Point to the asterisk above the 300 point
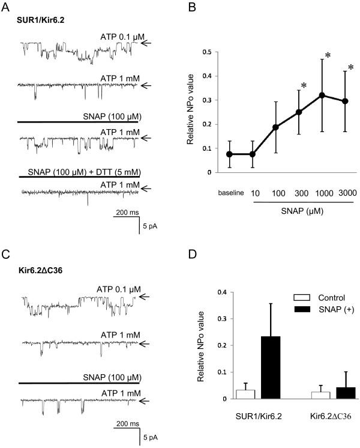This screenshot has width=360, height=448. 304,86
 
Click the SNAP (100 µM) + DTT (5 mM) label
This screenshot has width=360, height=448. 81,172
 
